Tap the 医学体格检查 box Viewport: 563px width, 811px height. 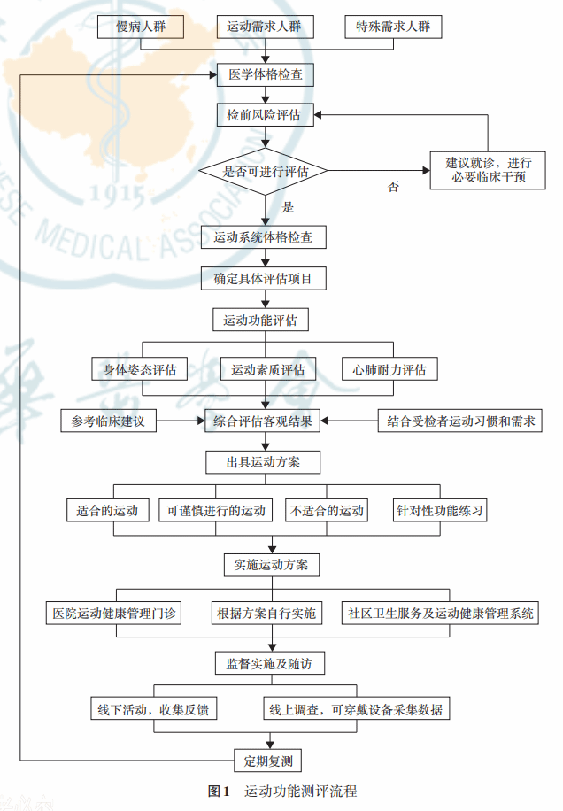pos(264,74)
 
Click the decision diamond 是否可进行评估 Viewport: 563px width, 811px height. pos(264,172)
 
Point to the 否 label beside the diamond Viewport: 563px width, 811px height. pos(393,187)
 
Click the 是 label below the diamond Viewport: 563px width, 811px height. pos(287,207)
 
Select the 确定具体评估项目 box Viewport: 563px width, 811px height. pos(264,279)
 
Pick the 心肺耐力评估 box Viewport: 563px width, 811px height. pos(389,369)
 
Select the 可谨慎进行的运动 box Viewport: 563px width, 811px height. pos(214,511)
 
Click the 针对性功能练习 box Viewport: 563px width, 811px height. pos(440,511)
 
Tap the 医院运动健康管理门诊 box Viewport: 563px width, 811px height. pos(114,613)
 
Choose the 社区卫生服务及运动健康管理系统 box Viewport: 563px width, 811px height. pos(440,613)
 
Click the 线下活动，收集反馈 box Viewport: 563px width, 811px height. pos(152,709)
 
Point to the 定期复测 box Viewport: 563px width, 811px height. pos(264,760)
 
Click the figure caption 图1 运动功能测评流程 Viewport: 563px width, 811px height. pos(281,791)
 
